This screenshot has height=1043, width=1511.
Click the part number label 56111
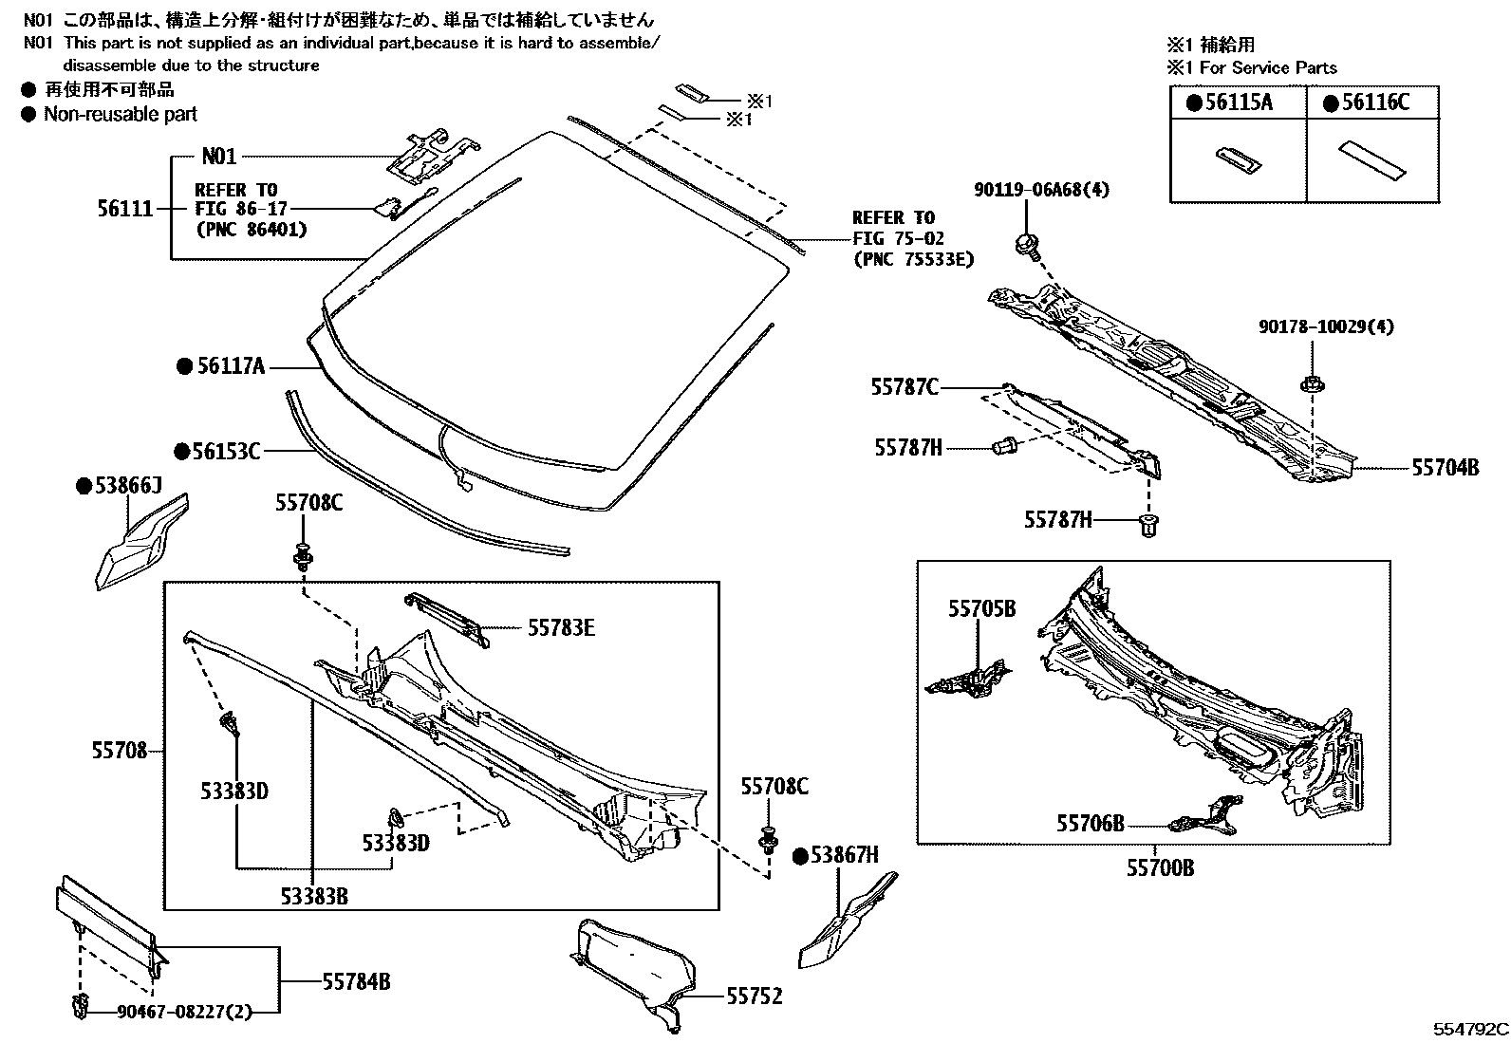[125, 209]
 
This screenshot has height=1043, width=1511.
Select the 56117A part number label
[231, 366]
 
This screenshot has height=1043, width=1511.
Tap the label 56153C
[227, 451]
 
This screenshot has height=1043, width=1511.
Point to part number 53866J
[128, 485]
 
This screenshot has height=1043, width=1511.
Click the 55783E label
[561, 628]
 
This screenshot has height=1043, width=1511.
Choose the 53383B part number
[314, 896]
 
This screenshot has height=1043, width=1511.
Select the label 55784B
[356, 981]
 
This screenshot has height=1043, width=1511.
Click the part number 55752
[755, 996]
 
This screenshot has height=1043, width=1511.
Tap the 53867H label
[845, 855]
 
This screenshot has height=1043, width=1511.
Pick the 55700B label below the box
[1160, 867]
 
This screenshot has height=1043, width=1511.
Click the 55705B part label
[982, 608]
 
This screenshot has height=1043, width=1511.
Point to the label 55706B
[1091, 823]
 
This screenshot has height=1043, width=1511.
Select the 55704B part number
[1446, 468]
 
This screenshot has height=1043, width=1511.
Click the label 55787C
[905, 387]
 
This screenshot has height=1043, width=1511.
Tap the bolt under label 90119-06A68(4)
[1027, 245]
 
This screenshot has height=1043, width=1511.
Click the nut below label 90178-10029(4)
[1312, 384]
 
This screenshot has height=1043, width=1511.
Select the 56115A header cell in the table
[1239, 102]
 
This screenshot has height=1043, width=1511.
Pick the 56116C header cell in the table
[1372, 102]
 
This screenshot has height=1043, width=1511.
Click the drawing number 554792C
[1470, 1028]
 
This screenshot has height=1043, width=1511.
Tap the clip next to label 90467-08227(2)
[80, 1007]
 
